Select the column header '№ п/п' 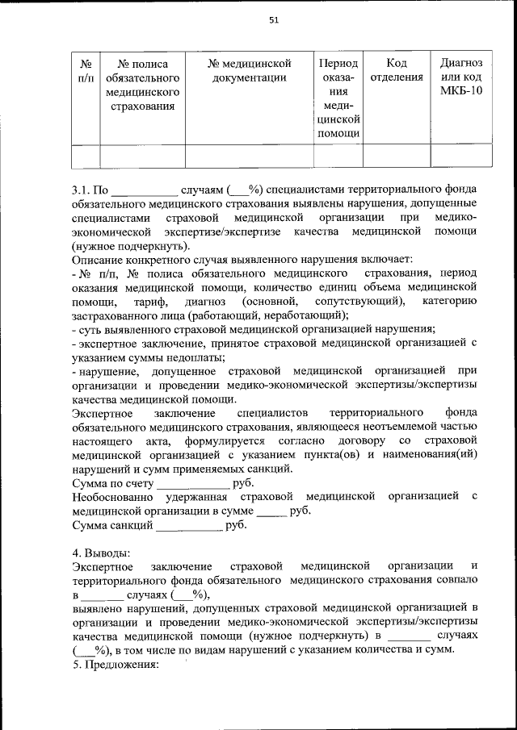(86, 70)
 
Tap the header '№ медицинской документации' (249, 70)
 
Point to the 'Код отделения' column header (396, 70)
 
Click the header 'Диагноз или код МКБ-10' (461, 77)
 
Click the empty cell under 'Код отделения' (396, 155)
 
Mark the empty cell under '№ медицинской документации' (249, 155)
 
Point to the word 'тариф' (151, 301)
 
